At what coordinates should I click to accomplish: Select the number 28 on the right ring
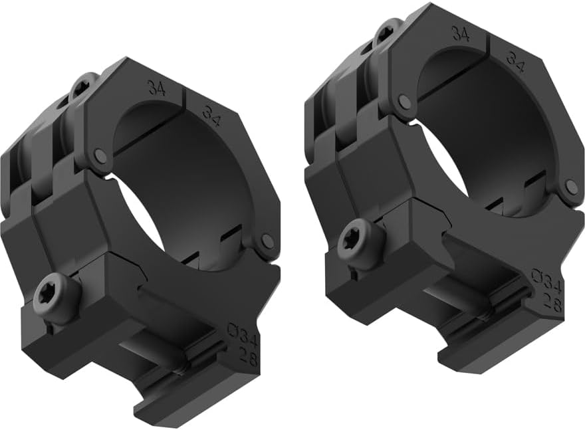tap(552, 304)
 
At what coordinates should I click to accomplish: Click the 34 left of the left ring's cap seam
tap(156, 88)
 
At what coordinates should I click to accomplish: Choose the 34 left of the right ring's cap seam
tap(460, 34)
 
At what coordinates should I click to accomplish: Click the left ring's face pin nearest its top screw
tap(100, 156)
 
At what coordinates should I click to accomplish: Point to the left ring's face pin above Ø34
tap(267, 241)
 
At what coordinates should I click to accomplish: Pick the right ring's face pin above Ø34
tap(570, 187)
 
